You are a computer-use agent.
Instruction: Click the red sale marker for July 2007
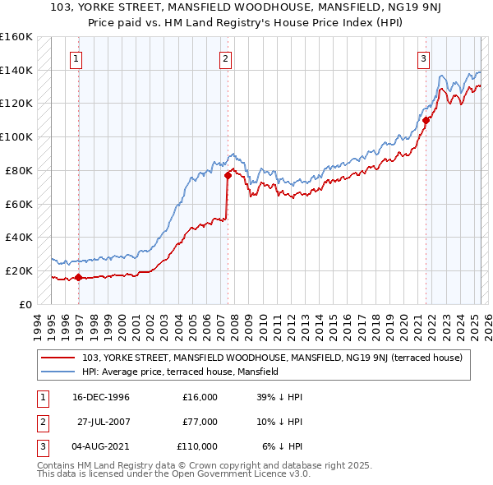(x=227, y=174)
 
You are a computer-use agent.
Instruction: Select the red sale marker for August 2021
(x=426, y=119)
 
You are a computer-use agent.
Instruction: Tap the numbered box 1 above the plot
(x=76, y=58)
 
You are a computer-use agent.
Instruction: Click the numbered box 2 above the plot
(x=224, y=58)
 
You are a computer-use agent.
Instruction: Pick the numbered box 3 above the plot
(x=423, y=58)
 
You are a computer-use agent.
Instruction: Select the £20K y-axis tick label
(x=19, y=270)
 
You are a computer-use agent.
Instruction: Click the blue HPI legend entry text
(x=180, y=372)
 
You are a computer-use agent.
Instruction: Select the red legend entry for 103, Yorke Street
(x=272, y=358)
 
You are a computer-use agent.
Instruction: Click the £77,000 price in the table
(x=200, y=422)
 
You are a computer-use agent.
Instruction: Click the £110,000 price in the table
(x=197, y=446)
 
